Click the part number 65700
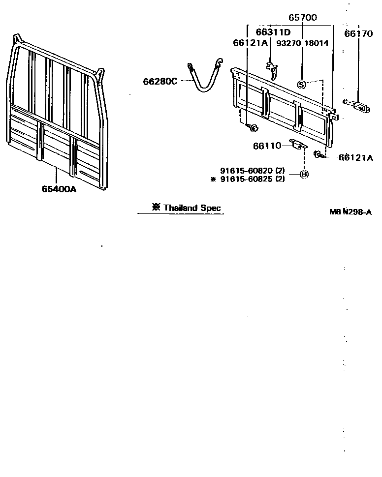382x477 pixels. (x=302, y=17)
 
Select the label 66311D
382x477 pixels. (x=273, y=32)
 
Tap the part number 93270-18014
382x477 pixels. (x=302, y=43)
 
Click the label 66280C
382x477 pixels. (x=160, y=81)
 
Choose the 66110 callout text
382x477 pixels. (x=267, y=146)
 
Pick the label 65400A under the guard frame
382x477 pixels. (x=59, y=188)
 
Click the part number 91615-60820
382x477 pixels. (x=247, y=171)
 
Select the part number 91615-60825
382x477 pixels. (x=247, y=179)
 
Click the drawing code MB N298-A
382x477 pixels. (x=350, y=212)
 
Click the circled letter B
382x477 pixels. (x=304, y=174)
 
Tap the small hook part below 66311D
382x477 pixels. (x=272, y=69)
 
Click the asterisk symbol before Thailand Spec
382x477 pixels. (x=157, y=207)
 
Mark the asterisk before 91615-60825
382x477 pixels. (x=213, y=179)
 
